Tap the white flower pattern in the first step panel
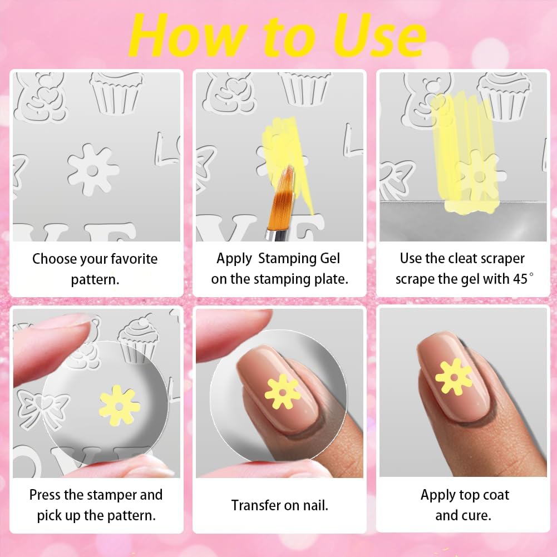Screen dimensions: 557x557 tap(93, 170)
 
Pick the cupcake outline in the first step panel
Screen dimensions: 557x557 tap(116, 93)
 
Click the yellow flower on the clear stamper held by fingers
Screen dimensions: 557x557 tap(119, 406)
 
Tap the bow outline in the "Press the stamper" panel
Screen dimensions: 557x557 tap(43, 407)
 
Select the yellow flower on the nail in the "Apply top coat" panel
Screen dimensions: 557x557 tap(454, 377)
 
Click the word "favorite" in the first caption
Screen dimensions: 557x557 tap(134, 259)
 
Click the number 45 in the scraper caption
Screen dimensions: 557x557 tap(520, 279)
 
